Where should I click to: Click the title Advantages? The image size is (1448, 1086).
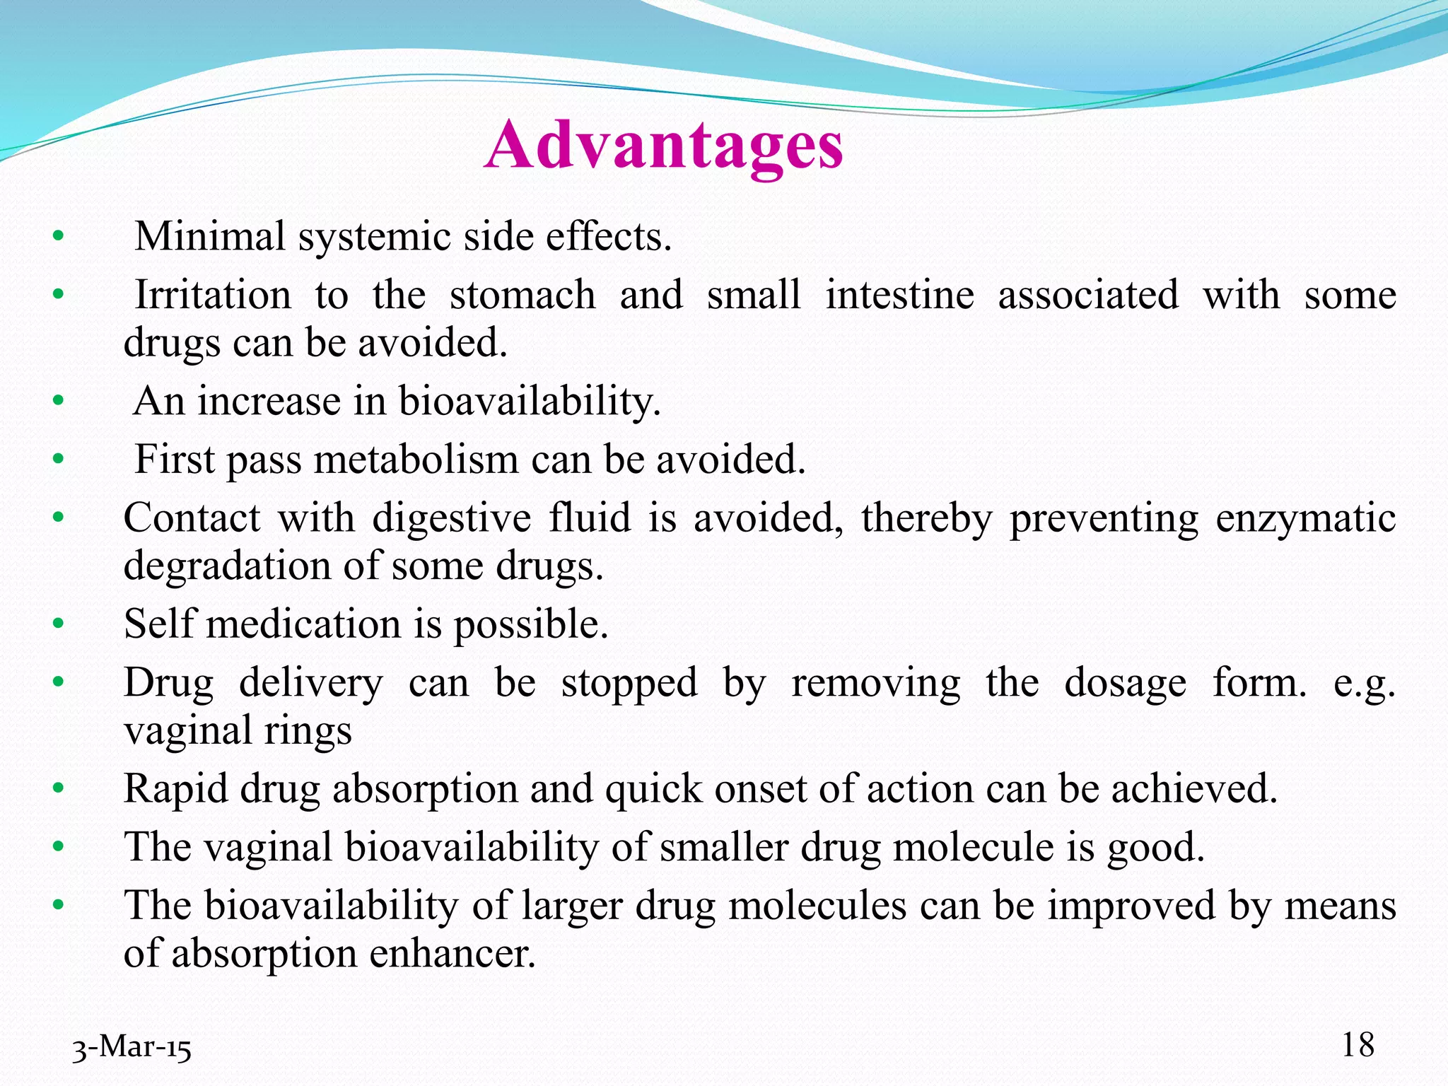(663, 145)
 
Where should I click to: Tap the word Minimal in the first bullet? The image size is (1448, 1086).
(210, 236)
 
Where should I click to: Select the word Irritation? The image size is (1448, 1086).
(213, 295)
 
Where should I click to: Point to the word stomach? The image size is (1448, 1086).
(522, 295)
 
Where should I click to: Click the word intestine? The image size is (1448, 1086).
(900, 295)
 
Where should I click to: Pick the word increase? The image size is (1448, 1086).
(269, 401)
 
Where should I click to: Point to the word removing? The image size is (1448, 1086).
(876, 684)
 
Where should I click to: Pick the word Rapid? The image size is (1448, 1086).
(176, 789)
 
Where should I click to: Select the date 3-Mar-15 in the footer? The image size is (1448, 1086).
(132, 1048)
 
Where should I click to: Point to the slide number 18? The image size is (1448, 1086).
(1357, 1045)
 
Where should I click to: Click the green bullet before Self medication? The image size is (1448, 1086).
(58, 624)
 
